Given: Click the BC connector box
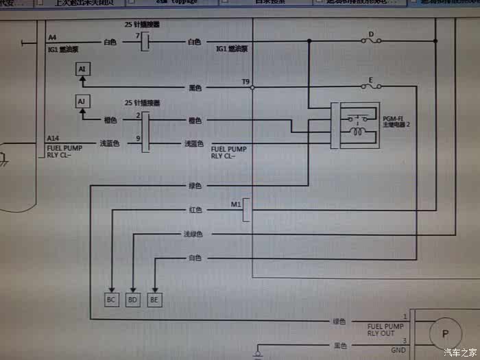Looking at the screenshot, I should click(x=112, y=299).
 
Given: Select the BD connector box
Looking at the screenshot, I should click(x=134, y=299).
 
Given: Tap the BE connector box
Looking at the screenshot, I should click(x=155, y=299).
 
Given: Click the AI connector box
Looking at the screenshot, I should click(x=82, y=69).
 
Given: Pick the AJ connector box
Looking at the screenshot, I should click(x=82, y=101).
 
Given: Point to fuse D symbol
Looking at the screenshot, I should click(x=372, y=42).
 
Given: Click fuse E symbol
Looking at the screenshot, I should click(x=372, y=87).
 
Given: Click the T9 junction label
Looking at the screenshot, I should click(x=245, y=82).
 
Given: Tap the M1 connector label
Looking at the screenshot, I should click(x=236, y=204).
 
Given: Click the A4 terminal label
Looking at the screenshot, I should click(x=53, y=36).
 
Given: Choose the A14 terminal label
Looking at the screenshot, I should click(x=53, y=138).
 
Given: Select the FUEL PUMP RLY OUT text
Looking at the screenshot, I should click(x=385, y=330).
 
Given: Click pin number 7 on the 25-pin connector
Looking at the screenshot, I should click(x=138, y=35).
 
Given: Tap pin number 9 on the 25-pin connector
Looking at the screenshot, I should click(x=138, y=139).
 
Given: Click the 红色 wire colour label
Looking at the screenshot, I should click(x=195, y=209).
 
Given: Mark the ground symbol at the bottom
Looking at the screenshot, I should click(x=257, y=353).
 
